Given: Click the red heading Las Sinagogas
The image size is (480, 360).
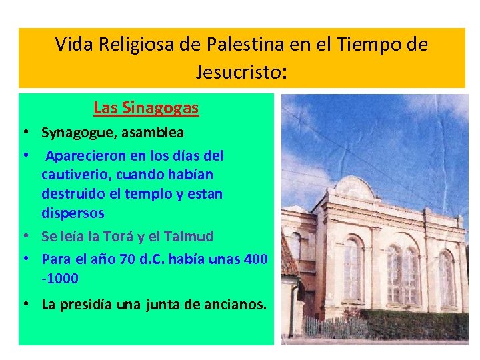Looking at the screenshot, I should tap(146, 107).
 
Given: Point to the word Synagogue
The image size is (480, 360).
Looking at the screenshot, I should tap(77, 133).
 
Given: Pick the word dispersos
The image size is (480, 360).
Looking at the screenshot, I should tap(73, 213).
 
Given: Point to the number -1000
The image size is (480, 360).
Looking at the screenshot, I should tap(60, 277).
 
